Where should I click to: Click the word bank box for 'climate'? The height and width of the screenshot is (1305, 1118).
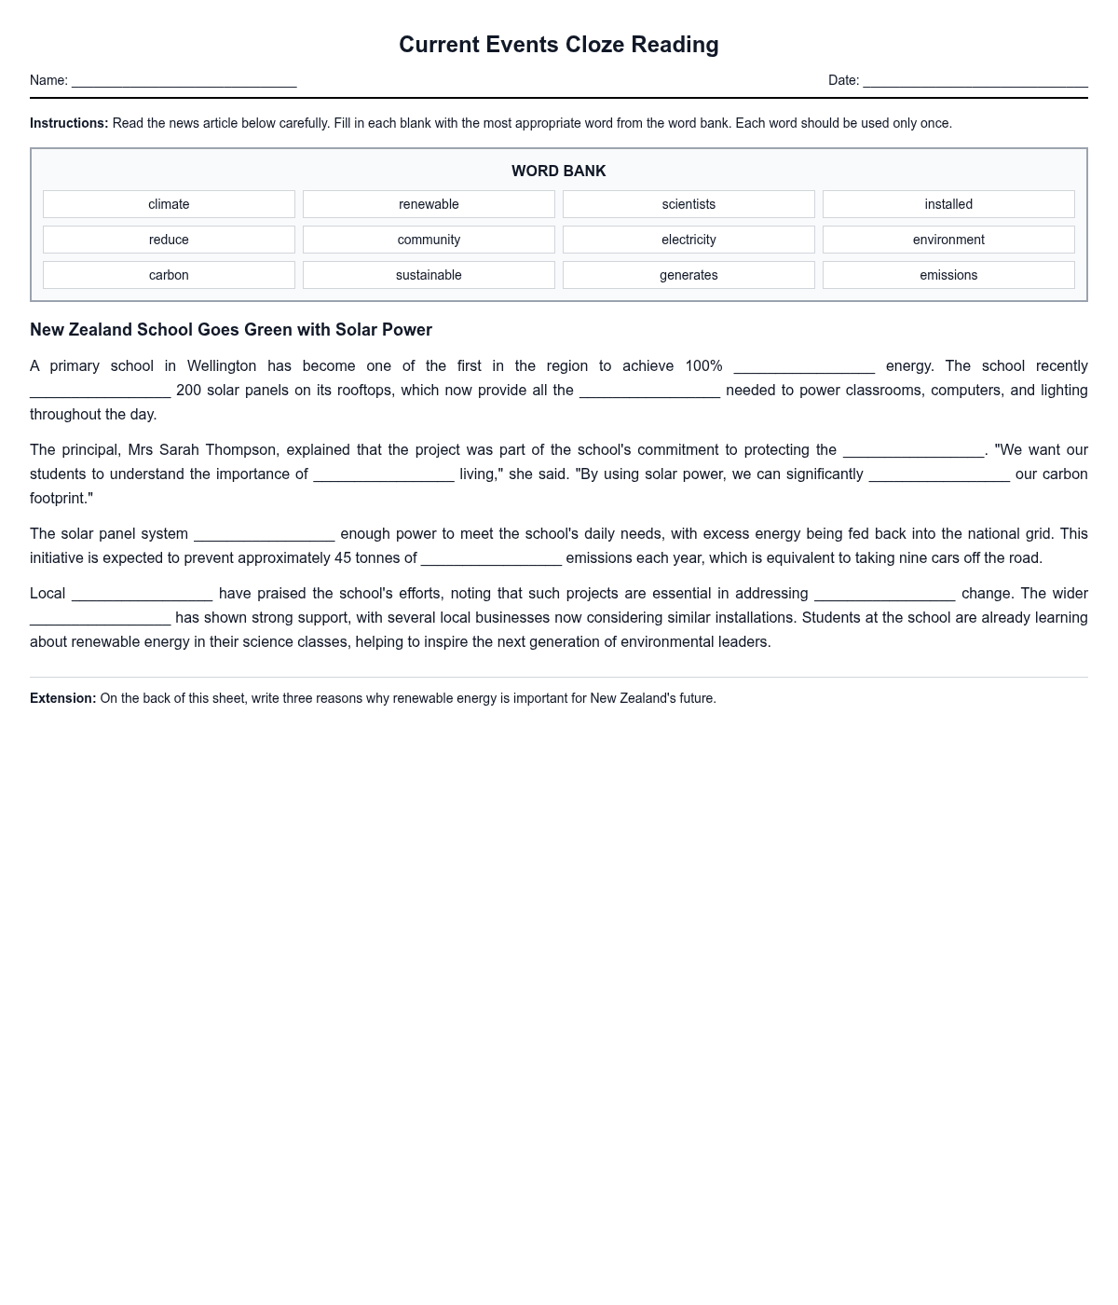169,204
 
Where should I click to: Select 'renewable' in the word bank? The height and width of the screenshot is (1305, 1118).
429,204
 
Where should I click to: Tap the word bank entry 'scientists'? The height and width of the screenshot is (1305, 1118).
689,204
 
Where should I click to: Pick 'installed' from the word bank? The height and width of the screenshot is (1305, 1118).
948,204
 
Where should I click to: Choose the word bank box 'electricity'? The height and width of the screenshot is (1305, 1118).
689,240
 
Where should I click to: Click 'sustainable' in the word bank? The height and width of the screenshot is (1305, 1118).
429,275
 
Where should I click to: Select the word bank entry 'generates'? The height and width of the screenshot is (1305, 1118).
689,275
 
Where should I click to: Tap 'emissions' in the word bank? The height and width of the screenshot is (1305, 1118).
948,275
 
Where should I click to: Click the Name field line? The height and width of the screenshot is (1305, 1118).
184,81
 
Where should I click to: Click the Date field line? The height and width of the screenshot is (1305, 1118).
975,81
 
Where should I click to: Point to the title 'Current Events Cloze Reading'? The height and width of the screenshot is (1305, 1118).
559,45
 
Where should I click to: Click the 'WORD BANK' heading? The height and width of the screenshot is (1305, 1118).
559,171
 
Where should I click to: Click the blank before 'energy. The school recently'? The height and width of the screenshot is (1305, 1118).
804,367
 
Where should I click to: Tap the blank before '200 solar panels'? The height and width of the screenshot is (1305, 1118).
101,391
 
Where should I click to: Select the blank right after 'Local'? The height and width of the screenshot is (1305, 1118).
142,595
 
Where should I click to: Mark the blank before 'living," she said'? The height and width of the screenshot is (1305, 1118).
384,475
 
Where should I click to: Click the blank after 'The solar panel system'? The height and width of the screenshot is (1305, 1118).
265,535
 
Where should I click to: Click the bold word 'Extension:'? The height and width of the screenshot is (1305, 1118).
63,698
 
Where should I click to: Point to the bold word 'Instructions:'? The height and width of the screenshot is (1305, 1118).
69,123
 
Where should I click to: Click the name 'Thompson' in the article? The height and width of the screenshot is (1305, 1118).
242,450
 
